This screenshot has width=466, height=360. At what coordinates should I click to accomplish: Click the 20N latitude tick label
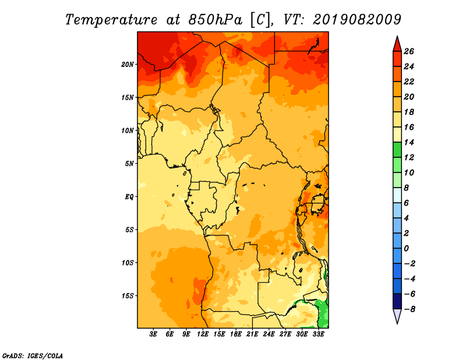coord(128,65)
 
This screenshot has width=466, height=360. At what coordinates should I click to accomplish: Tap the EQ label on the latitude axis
coord(129,197)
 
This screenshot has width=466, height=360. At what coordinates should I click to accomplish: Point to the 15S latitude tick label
coord(128,296)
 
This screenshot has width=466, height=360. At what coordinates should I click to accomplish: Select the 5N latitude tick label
coord(129,164)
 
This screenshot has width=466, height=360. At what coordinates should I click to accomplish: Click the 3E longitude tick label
coord(153,334)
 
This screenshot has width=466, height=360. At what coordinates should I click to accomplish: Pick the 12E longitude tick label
coord(203,334)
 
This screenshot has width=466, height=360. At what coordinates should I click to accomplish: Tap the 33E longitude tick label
coord(318,334)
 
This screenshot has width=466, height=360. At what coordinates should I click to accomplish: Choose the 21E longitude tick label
coord(252,334)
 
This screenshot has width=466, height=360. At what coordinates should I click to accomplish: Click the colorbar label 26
coord(409,51)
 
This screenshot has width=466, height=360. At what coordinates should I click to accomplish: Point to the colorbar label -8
coord(409,309)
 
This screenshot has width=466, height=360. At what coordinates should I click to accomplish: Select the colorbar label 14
coord(409,142)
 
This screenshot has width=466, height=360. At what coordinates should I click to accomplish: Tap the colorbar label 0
coord(406,249)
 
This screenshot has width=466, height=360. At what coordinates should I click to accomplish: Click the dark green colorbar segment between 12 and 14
coord(397,150)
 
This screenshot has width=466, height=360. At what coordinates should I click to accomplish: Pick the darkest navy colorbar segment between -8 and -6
coord(397,301)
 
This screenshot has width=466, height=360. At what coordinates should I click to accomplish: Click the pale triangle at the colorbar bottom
coord(397,315)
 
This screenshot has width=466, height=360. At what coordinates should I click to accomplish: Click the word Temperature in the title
coord(111,20)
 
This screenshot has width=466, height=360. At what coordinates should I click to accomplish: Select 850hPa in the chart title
coord(216,20)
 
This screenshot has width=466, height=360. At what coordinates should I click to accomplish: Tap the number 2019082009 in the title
coord(357,20)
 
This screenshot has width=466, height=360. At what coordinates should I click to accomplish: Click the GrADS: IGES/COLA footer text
coord(33,356)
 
